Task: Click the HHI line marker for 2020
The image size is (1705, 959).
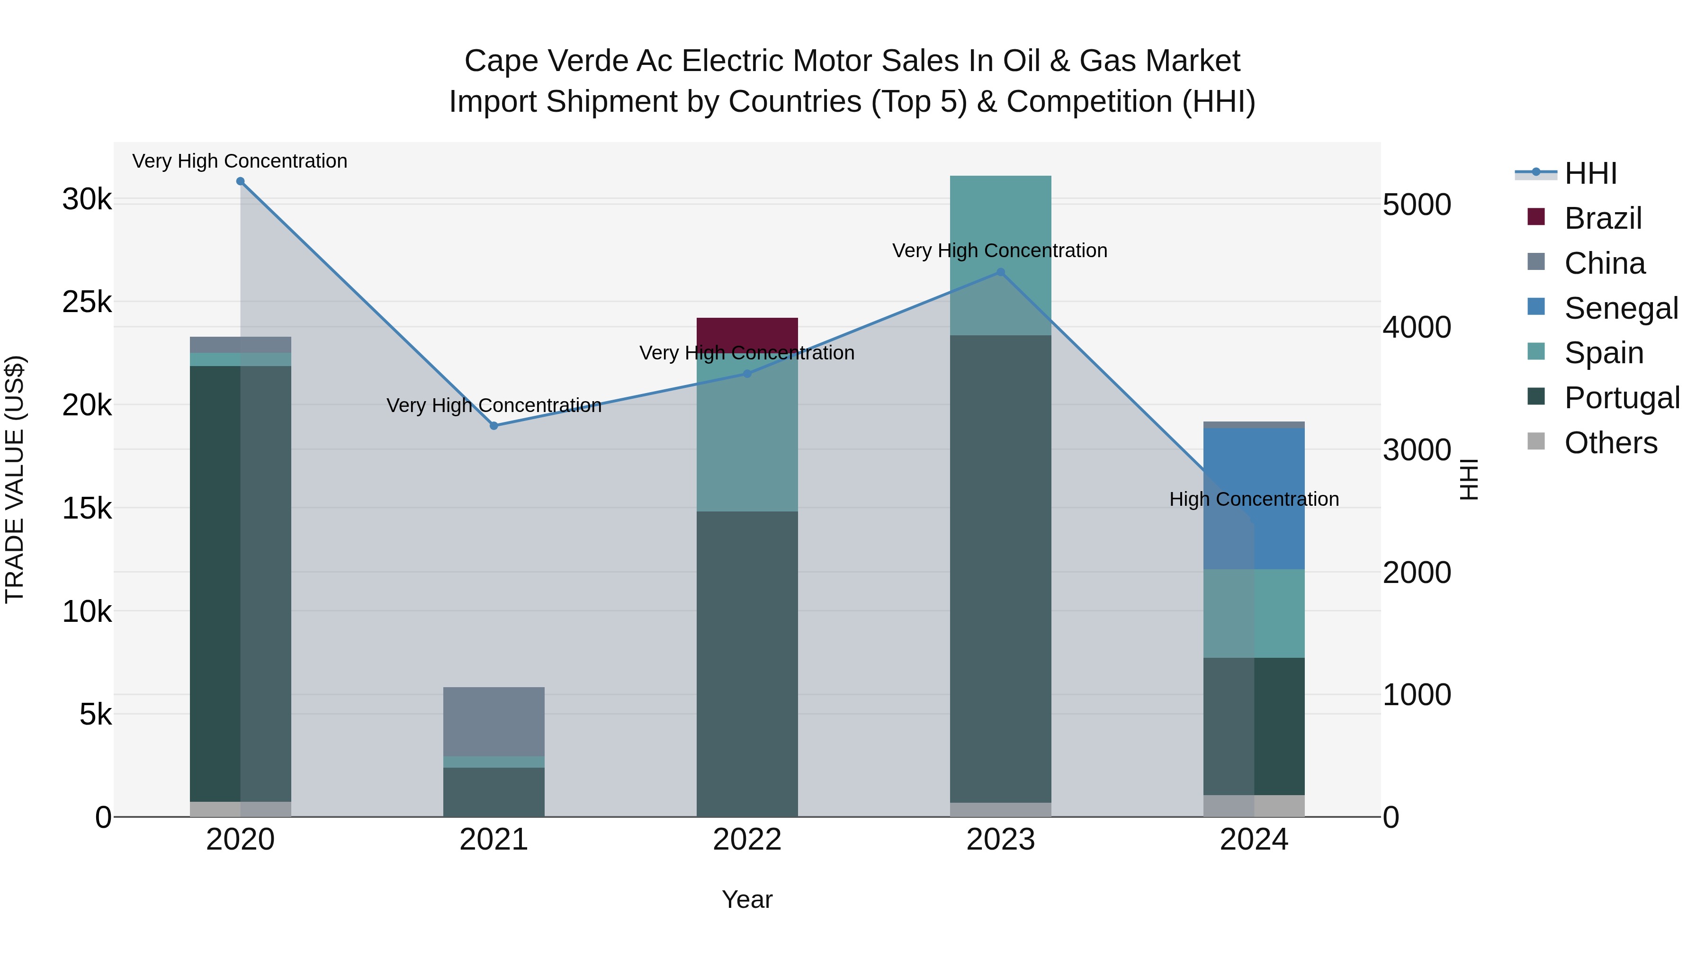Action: tap(240, 181)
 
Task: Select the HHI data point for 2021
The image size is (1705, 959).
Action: tap(494, 426)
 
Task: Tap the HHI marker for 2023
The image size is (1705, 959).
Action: tap(1001, 272)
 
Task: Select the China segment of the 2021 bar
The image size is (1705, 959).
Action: tap(494, 721)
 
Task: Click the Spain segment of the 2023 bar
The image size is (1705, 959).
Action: tap(1001, 218)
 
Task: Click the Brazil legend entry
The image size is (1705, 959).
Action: tap(1602, 218)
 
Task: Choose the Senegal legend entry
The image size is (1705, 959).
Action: tap(1620, 308)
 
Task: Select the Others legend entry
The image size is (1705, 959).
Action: tap(1610, 443)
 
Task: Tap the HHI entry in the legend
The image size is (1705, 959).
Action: tap(1590, 173)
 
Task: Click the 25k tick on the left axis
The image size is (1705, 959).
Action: tap(87, 303)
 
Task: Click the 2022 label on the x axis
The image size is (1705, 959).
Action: tap(747, 840)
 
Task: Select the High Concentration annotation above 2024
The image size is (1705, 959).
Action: tap(1254, 499)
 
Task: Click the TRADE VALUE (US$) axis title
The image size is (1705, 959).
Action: tap(15, 479)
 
